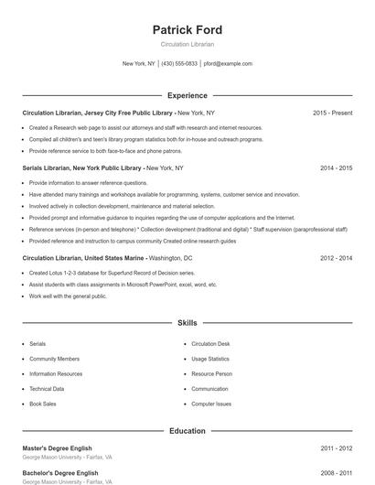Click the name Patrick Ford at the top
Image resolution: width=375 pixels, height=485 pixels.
187,30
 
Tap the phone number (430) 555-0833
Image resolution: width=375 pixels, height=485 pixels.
180,64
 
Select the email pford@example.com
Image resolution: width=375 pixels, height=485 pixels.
228,64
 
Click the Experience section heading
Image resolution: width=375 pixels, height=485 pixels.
187,95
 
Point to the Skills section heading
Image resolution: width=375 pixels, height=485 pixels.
187,323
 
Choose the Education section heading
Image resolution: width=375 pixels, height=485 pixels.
187,431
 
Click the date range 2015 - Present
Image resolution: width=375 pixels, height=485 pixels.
332,113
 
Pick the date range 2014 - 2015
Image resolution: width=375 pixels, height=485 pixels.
336,168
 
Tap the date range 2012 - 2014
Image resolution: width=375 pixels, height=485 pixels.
336,258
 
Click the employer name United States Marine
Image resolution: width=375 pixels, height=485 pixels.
113,258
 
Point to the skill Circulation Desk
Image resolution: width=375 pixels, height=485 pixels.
210,343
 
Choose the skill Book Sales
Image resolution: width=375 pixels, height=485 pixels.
42,404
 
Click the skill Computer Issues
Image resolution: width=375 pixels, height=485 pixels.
210,404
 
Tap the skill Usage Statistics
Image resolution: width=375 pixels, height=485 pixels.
210,359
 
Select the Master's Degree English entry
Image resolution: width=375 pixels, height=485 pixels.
59,448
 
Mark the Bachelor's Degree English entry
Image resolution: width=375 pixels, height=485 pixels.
60,473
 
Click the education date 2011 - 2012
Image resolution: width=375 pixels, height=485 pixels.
336,448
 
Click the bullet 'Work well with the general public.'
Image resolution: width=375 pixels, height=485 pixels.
68,296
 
